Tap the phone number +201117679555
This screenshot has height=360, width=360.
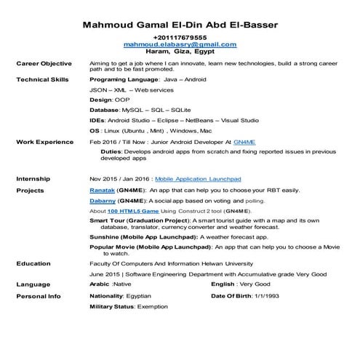pos(180,37)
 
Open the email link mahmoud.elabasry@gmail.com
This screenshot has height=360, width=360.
pos(180,44)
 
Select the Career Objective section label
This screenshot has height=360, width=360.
pos(44,64)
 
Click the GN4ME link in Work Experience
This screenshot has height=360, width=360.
pos(245,142)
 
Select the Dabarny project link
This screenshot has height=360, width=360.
pos(103,199)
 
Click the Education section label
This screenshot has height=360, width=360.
pos(33,263)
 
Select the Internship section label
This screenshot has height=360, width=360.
pos(33,178)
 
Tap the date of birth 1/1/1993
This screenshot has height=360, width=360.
pos(263,296)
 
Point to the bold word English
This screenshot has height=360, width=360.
pos(224,284)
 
